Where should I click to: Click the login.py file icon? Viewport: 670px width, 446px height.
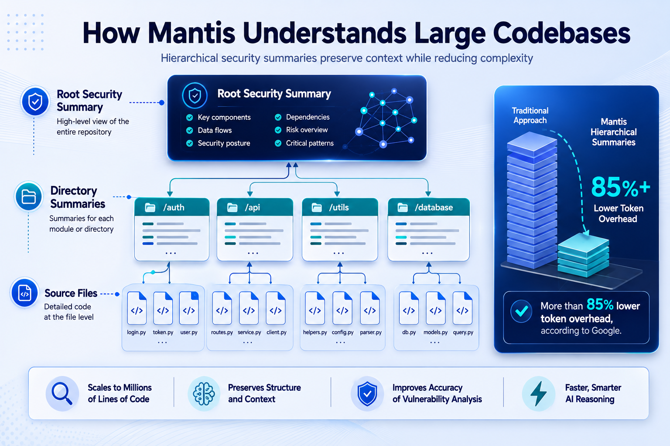[137, 308]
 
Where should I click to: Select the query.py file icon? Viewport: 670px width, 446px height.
[462, 308]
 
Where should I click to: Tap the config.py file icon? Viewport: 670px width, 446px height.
[342, 308]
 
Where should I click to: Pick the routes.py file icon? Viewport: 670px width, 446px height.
[222, 308]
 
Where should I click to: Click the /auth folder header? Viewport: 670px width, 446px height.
[172, 207]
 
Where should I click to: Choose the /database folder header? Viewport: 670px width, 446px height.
[429, 207]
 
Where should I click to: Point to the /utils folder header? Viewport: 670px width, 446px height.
[340, 207]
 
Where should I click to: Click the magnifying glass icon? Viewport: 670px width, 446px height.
[62, 394]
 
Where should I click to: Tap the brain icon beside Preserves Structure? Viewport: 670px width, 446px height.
[204, 394]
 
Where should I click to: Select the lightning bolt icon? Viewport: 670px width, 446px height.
[538, 393]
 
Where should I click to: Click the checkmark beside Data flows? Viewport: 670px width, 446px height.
[190, 130]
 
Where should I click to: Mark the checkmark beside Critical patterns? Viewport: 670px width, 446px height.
[278, 143]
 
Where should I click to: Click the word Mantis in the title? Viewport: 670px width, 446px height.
[192, 33]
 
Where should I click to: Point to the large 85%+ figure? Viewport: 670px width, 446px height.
[620, 187]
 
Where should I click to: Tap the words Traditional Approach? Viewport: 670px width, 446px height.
[530, 115]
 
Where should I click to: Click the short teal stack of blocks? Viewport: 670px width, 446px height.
[583, 256]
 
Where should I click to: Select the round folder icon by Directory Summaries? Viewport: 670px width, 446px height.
[29, 196]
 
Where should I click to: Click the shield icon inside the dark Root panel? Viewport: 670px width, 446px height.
[195, 95]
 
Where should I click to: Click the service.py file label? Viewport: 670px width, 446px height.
[250, 332]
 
